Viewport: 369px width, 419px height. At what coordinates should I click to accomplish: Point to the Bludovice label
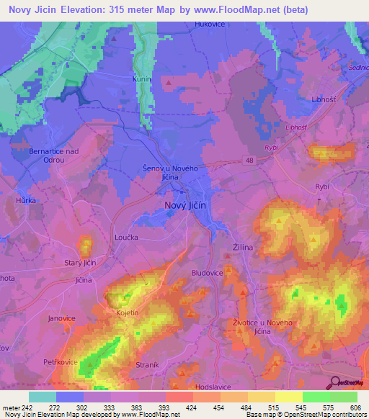click(x=207, y=273)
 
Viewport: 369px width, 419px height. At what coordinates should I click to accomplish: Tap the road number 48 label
click(x=249, y=161)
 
